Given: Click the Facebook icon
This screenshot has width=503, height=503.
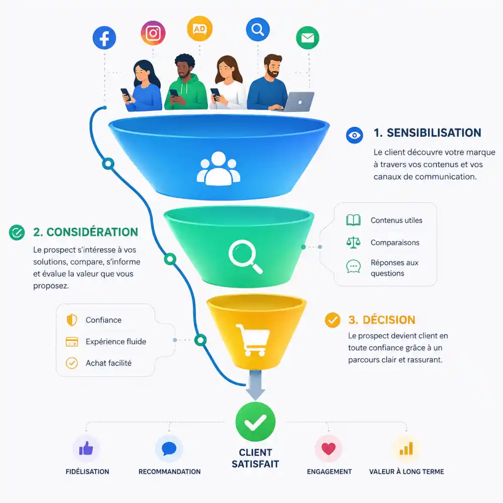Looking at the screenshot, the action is (104, 38).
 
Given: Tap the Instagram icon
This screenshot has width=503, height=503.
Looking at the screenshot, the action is (153, 33).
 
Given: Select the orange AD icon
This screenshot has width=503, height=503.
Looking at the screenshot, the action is (200, 29).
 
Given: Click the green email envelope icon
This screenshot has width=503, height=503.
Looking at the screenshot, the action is (307, 38).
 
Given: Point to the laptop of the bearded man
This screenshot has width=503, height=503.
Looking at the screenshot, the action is (298, 102).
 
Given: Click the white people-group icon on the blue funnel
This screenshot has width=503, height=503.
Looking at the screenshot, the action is (218, 169).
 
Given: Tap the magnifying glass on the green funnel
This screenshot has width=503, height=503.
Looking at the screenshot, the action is (245, 257).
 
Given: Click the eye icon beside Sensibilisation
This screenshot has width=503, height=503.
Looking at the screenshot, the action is (355, 135).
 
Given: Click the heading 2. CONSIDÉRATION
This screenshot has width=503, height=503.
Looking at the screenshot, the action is (86, 232).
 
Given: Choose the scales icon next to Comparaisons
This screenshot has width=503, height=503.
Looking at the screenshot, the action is (353, 242).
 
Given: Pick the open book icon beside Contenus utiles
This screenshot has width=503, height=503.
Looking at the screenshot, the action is (353, 220).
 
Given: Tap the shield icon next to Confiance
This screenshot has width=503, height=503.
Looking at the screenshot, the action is (72, 320).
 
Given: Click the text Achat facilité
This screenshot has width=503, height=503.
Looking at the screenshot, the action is (109, 363).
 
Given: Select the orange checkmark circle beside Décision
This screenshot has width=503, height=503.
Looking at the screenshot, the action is (332, 320).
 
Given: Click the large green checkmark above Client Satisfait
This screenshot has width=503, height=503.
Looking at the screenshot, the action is (256, 422).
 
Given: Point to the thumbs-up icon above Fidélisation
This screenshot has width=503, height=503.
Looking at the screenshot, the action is (86, 448).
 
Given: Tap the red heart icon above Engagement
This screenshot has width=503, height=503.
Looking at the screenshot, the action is (328, 449).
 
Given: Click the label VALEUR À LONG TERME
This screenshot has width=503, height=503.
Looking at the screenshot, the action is (406, 472).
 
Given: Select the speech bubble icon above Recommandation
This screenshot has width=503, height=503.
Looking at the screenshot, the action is (169, 449).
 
